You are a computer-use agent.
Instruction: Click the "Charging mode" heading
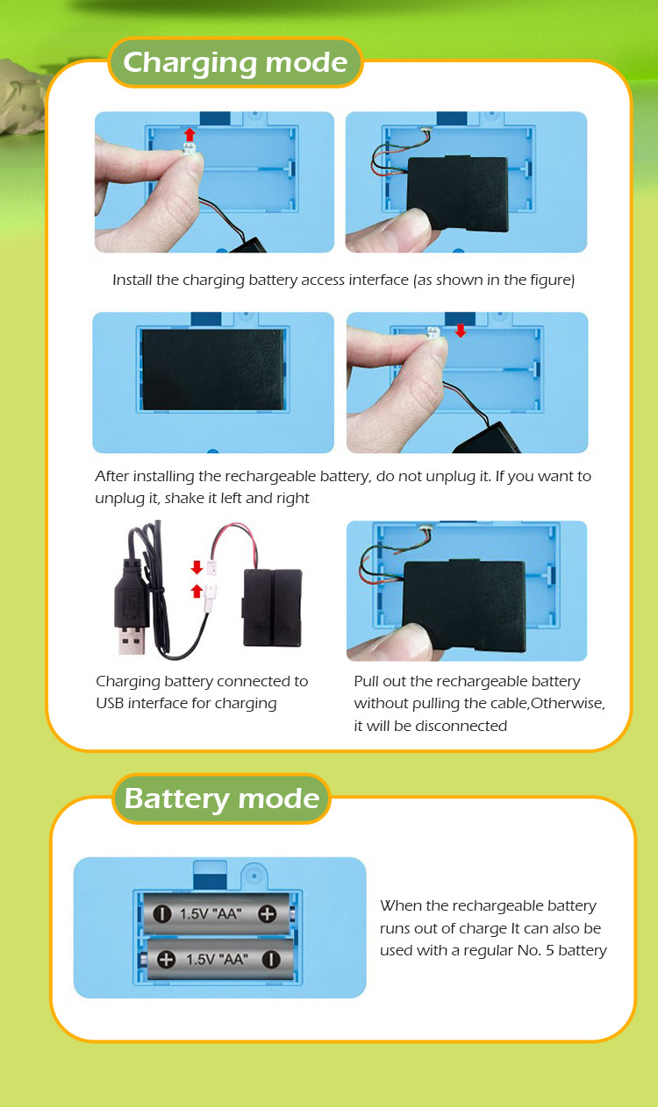click(x=235, y=63)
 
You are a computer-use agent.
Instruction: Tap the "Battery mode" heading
click(x=222, y=799)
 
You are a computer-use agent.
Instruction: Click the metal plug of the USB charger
click(x=132, y=640)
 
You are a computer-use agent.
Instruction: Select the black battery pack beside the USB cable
click(x=272, y=607)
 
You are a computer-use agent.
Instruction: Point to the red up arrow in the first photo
click(x=190, y=134)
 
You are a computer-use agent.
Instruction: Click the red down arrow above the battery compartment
click(x=461, y=330)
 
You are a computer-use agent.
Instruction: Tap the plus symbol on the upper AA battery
click(x=268, y=914)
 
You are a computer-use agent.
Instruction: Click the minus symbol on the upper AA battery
click(x=161, y=914)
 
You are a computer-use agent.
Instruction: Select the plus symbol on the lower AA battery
click(x=166, y=959)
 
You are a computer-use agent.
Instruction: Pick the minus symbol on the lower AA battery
click(x=271, y=959)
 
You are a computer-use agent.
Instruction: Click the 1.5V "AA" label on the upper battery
click(x=211, y=914)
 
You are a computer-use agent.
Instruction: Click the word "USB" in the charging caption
click(x=110, y=703)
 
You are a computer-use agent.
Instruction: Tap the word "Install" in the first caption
click(x=131, y=280)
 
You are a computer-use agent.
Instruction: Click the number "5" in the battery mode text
click(x=550, y=950)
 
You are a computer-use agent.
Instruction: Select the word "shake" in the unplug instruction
click(x=184, y=498)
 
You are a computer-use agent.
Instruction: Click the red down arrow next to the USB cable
click(x=197, y=567)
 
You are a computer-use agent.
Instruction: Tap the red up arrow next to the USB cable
click(x=197, y=591)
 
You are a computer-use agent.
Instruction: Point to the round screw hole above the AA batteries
click(x=254, y=876)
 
